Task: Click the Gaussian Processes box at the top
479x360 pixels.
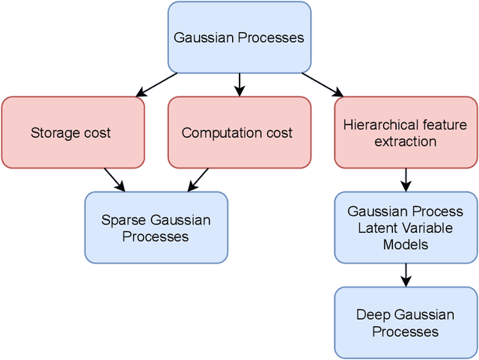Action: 239,37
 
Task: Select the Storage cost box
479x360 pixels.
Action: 73,132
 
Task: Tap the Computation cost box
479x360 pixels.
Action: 239,132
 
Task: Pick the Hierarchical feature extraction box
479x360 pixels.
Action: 405,132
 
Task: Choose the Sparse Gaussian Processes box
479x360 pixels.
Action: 156,228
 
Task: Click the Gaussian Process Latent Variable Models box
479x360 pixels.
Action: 405,228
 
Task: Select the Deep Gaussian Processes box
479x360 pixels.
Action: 405,322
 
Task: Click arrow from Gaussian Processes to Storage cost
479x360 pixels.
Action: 157,85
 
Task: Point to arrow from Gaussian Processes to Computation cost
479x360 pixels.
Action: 239,85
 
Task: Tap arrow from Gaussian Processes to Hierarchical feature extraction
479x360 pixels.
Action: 323,85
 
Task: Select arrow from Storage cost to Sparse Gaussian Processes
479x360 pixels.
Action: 114,180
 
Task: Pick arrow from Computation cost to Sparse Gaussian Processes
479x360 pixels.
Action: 198,180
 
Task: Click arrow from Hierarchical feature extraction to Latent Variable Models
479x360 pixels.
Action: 406,180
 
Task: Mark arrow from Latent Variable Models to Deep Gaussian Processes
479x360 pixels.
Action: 406,275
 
